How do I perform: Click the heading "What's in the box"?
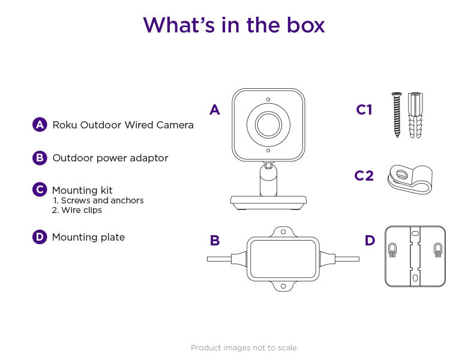(234, 25)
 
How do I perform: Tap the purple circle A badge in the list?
(40, 125)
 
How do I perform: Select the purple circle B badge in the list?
(40, 158)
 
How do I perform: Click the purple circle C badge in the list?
(40, 190)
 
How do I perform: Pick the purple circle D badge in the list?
(40, 237)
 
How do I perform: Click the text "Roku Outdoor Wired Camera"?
(123, 125)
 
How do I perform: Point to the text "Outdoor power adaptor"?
(110, 158)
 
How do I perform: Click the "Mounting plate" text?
(88, 237)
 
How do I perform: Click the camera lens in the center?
(268, 125)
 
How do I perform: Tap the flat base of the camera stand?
(268, 202)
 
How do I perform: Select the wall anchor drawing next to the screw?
(415, 115)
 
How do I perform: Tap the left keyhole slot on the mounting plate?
(392, 249)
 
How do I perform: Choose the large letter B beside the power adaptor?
(215, 241)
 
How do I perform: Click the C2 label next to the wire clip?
(364, 175)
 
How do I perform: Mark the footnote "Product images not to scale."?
(244, 347)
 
